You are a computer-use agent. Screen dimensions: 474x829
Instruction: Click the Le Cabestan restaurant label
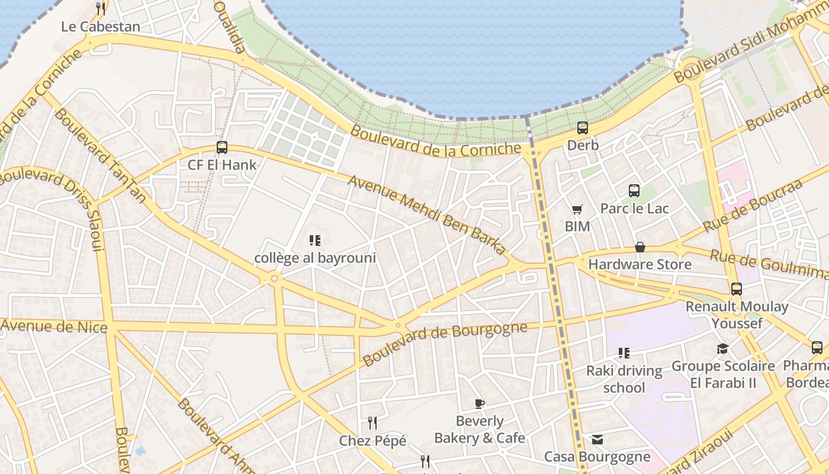tap(101, 27)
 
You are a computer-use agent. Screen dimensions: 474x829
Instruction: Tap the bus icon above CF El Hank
tap(222, 148)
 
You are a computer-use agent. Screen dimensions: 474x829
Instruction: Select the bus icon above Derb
tap(583, 128)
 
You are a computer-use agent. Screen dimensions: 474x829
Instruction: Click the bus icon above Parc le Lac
tap(634, 191)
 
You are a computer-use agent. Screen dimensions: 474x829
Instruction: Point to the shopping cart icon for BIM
tap(577, 209)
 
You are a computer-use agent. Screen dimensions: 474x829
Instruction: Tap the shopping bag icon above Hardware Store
tap(640, 247)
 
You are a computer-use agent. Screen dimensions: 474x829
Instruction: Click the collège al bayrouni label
tap(315, 258)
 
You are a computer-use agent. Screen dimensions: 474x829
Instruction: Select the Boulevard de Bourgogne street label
tap(445, 343)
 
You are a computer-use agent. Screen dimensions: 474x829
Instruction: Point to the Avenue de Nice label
tap(54, 326)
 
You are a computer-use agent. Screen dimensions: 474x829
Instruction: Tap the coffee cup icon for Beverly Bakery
tap(480, 404)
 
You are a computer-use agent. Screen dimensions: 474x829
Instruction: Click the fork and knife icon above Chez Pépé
tap(372, 423)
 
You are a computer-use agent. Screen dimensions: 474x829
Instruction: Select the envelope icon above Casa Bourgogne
tap(597, 440)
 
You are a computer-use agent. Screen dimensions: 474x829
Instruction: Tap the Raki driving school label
tap(624, 379)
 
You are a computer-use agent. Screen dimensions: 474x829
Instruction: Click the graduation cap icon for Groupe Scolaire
tap(722, 348)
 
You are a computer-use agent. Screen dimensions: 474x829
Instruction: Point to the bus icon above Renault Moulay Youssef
tap(737, 289)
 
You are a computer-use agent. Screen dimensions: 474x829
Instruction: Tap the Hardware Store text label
tap(640, 264)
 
